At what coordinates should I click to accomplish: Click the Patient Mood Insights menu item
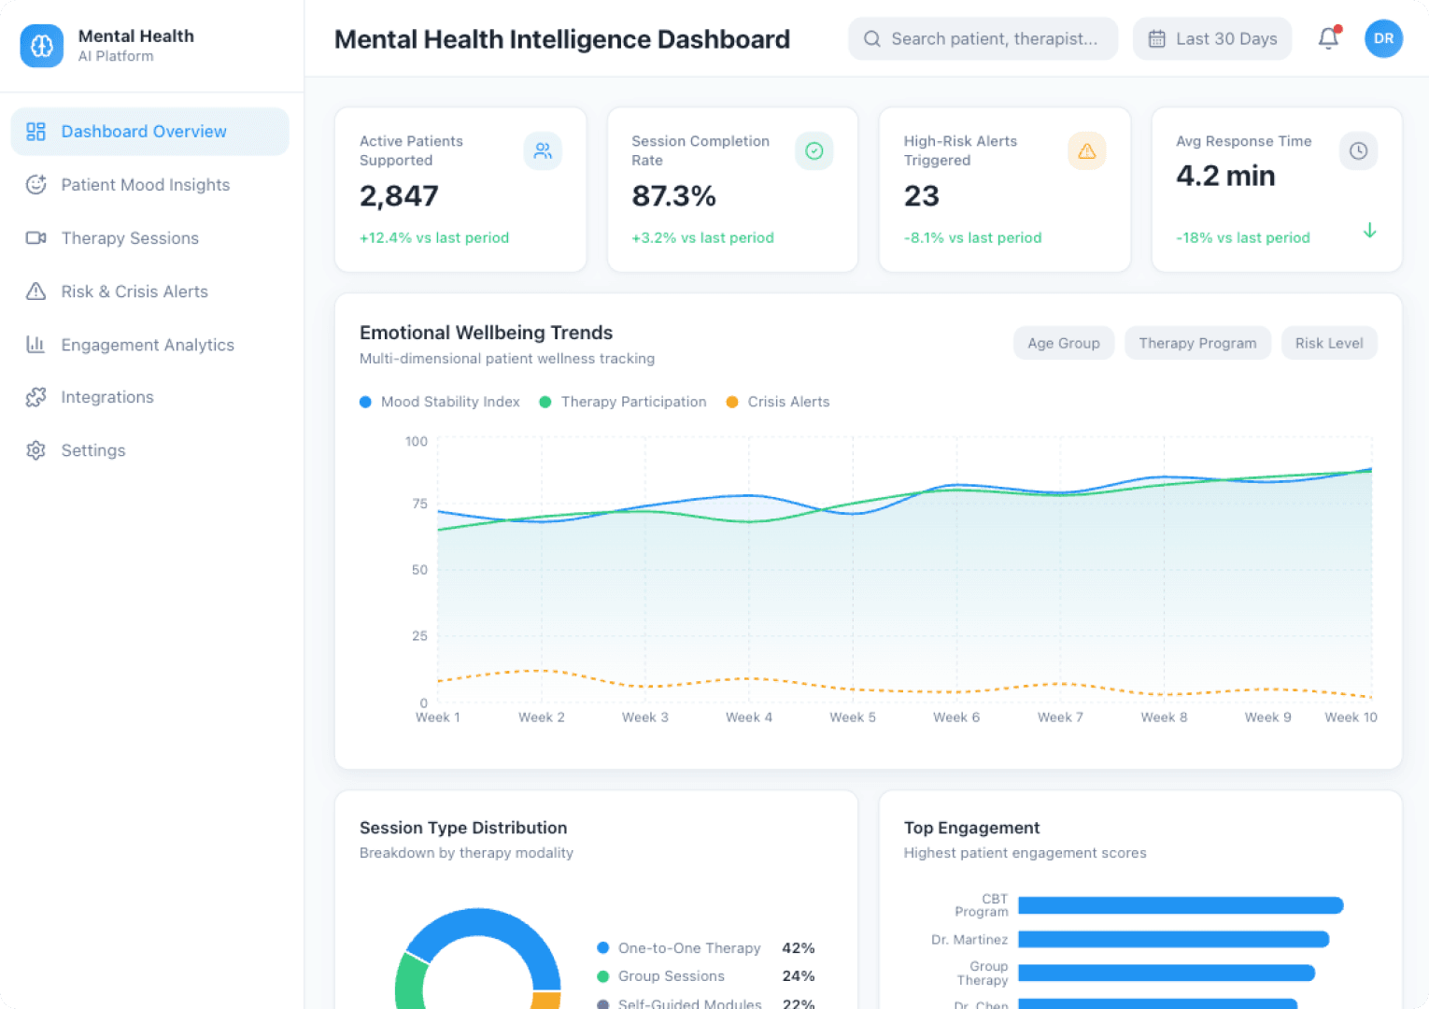tap(145, 185)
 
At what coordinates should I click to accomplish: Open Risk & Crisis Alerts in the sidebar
tap(134, 291)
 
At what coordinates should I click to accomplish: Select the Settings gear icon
tap(35, 450)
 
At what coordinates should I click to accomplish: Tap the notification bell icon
tap(1328, 38)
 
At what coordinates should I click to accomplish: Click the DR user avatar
tap(1383, 38)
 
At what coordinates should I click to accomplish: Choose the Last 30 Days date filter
tap(1212, 38)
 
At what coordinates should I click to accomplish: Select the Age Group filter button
tap(1063, 343)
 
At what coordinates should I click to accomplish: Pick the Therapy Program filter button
tap(1197, 343)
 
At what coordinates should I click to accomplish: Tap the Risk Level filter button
tap(1328, 343)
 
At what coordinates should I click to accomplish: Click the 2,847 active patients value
tap(399, 196)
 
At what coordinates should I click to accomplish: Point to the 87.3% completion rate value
tap(673, 196)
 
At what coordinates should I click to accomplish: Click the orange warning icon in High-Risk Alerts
tap(1086, 150)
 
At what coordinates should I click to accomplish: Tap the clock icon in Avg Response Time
tap(1358, 150)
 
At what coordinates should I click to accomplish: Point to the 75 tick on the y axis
tap(419, 504)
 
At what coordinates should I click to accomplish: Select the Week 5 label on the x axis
tap(853, 718)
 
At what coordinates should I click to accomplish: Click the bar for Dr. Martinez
tap(1173, 939)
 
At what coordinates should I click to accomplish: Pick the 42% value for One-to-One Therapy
tap(798, 948)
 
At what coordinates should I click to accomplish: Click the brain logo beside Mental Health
tap(42, 46)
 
